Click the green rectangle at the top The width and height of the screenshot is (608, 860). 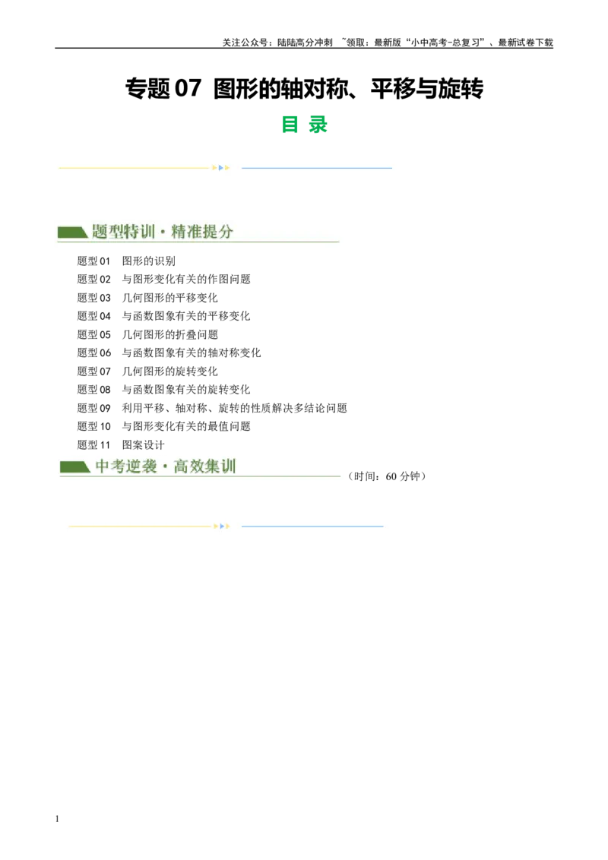[x=304, y=125]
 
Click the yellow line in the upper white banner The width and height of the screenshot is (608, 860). [x=134, y=167]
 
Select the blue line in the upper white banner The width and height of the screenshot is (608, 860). [x=316, y=168]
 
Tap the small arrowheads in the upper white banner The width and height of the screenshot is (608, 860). [x=221, y=167]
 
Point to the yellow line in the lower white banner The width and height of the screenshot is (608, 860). [x=140, y=526]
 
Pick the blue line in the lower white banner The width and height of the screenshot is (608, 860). [x=312, y=526]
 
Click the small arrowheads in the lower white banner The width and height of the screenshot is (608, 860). [x=221, y=526]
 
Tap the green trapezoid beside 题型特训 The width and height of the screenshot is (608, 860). [x=72, y=232]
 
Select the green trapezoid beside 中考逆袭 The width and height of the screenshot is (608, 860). [x=75, y=466]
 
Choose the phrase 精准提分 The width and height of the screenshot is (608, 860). [x=202, y=232]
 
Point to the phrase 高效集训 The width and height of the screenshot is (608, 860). [x=205, y=466]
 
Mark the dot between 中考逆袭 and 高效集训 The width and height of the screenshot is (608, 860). [x=165, y=466]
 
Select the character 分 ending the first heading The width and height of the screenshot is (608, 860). [x=226, y=232]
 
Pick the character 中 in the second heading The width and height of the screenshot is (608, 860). [x=103, y=466]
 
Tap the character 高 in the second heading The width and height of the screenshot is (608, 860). [x=181, y=466]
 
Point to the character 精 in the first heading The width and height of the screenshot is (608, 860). [x=179, y=232]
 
